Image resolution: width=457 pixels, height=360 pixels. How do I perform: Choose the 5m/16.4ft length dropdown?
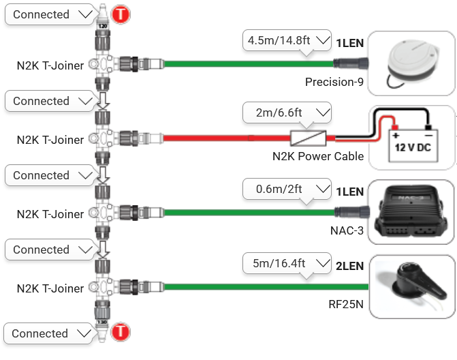coord(287,262)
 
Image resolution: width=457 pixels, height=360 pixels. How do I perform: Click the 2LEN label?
coord(349,266)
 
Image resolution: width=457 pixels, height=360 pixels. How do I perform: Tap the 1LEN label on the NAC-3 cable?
coord(349,192)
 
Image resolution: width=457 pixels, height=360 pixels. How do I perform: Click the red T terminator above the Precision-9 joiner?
coord(121,14)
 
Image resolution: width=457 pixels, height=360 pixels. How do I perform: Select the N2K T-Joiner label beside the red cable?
coord(50,140)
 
